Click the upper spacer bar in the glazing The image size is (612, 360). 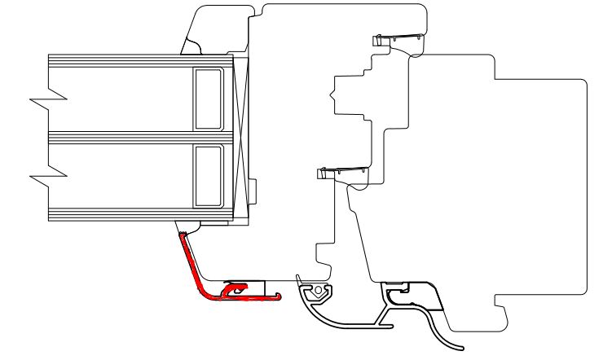(x=207, y=99)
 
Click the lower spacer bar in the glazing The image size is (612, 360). (x=207, y=176)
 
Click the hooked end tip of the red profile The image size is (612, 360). (x=279, y=296)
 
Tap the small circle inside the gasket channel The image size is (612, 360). (x=316, y=289)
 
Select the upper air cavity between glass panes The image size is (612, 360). (x=122, y=99)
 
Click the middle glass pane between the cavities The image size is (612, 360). (x=122, y=137)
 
